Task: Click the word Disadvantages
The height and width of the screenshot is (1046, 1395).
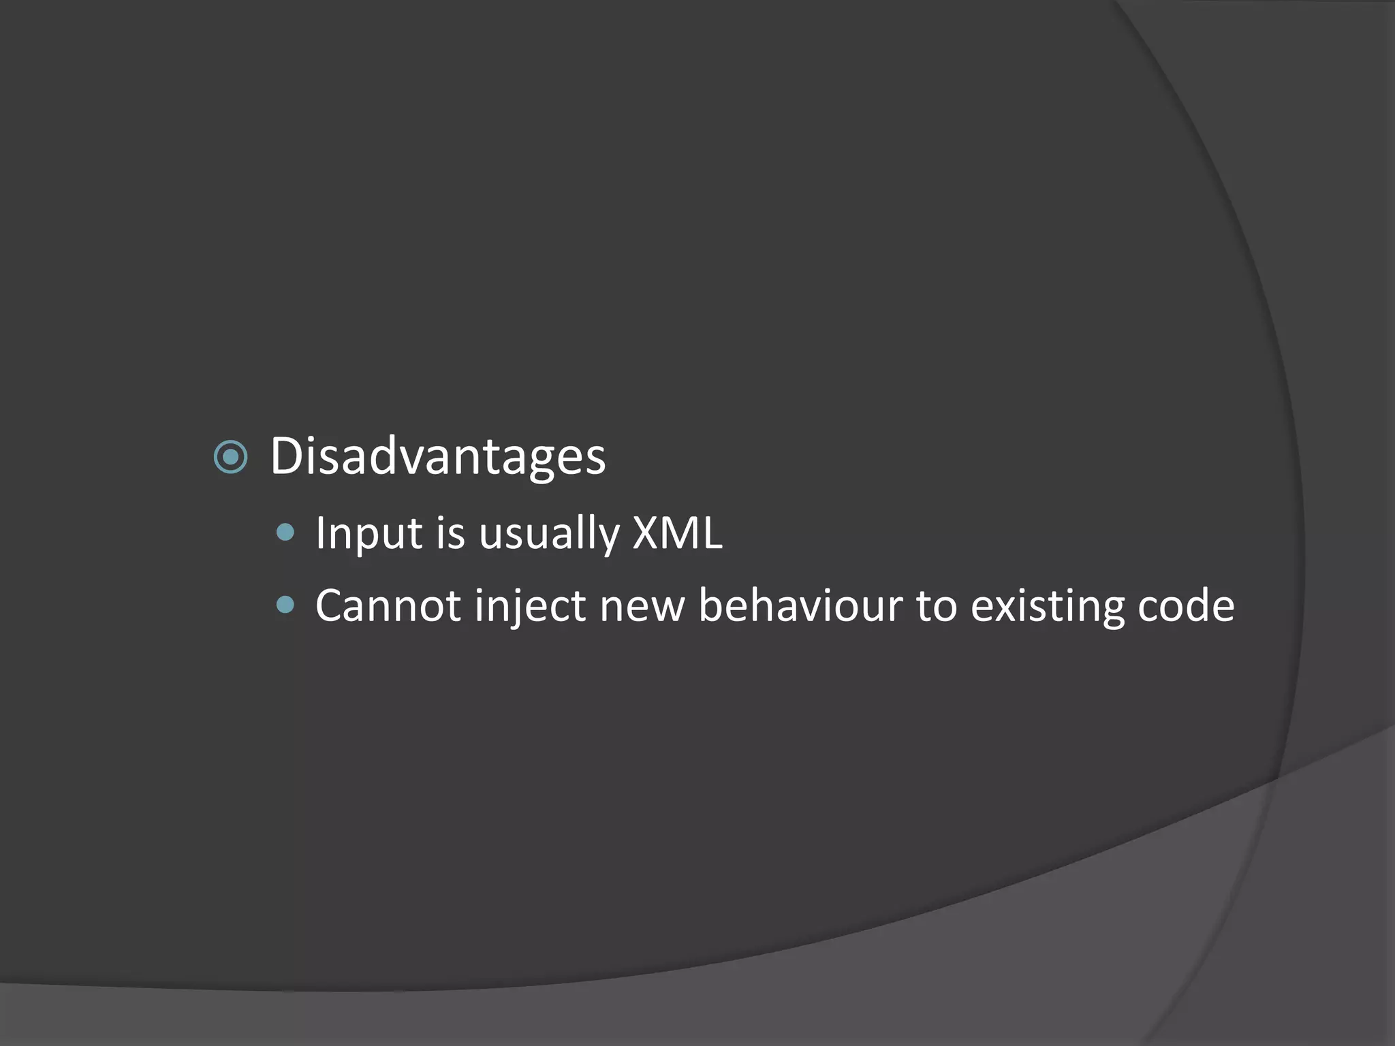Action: pyautogui.click(x=438, y=456)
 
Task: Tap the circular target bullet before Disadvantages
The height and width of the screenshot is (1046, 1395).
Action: pyautogui.click(x=230, y=456)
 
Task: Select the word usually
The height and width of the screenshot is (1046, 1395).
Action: pyautogui.click(x=549, y=533)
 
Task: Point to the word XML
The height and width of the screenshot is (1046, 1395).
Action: pyautogui.click(x=677, y=533)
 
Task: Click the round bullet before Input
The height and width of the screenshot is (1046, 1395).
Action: pyautogui.click(x=285, y=532)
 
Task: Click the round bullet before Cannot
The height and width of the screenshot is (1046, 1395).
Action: pyautogui.click(x=285, y=605)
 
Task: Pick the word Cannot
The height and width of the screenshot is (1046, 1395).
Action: pyautogui.click(x=388, y=605)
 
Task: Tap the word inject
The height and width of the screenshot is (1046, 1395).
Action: pyautogui.click(x=531, y=605)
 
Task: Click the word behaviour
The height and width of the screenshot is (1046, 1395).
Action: pyautogui.click(x=800, y=605)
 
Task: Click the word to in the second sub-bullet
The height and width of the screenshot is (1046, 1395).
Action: pyautogui.click(x=937, y=605)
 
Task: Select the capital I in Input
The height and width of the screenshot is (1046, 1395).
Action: pyautogui.click(x=321, y=533)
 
